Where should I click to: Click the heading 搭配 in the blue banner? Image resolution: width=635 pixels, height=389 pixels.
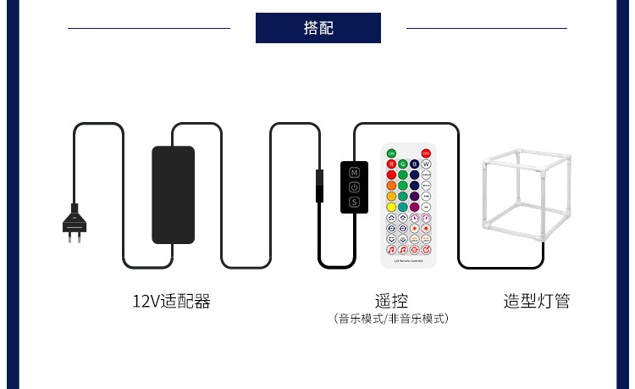pos(317,28)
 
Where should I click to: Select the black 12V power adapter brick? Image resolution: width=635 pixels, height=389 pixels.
pos(173,194)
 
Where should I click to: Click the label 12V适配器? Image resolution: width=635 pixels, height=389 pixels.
pos(171,301)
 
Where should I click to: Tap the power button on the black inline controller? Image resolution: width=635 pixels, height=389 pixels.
pos(354,186)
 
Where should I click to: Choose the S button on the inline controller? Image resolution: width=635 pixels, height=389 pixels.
pos(354,203)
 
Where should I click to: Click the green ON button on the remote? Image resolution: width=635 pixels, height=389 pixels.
pos(392,153)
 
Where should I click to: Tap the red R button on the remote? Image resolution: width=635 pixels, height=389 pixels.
pos(392,164)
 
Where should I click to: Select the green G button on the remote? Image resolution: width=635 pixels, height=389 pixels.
pos(403,164)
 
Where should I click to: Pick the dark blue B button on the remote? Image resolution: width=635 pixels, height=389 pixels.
pos(415,164)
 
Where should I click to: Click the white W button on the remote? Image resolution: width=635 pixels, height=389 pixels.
pos(426,164)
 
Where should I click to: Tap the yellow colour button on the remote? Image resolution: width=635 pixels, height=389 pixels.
pos(392,207)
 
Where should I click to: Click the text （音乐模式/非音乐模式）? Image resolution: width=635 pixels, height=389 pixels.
pos(390,319)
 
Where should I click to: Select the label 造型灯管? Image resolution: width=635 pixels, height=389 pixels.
pos(537,301)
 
